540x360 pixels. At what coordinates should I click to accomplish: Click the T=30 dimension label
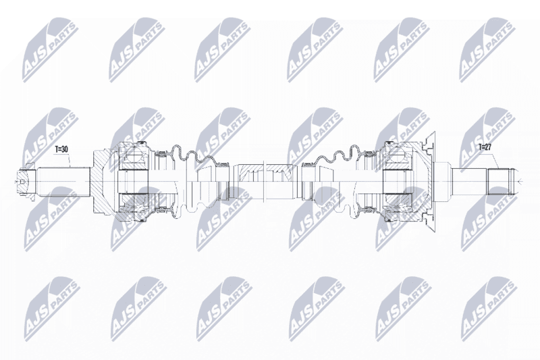[x=62, y=149]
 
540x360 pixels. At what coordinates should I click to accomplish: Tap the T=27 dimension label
[x=485, y=147]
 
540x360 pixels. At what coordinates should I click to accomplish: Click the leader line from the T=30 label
[x=70, y=160]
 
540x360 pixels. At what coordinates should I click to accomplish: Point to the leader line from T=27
[x=495, y=160]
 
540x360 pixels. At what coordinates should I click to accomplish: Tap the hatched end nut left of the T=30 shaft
[x=26, y=182]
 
